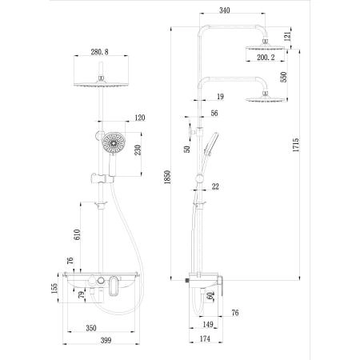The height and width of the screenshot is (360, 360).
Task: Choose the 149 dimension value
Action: pyautogui.click(x=207, y=326)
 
